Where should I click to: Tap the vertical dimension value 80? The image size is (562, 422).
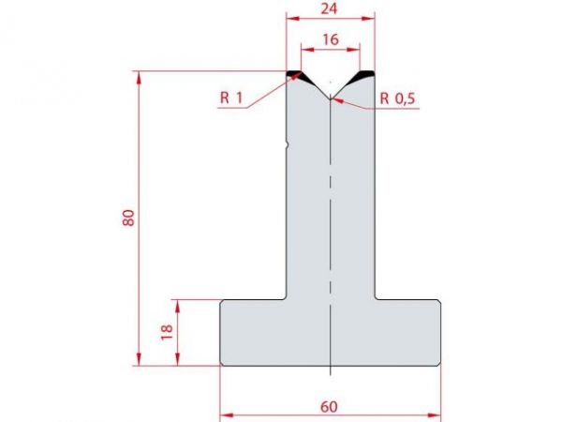coord(128,218)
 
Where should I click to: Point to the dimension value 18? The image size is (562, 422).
coord(168,333)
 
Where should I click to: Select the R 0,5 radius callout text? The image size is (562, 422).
coord(397,98)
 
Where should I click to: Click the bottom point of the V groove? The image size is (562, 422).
coord(331,98)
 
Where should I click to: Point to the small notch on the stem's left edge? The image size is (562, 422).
coord(288,144)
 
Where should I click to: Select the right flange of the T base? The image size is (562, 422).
coord(408,332)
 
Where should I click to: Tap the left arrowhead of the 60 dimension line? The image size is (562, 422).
coord(224,412)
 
